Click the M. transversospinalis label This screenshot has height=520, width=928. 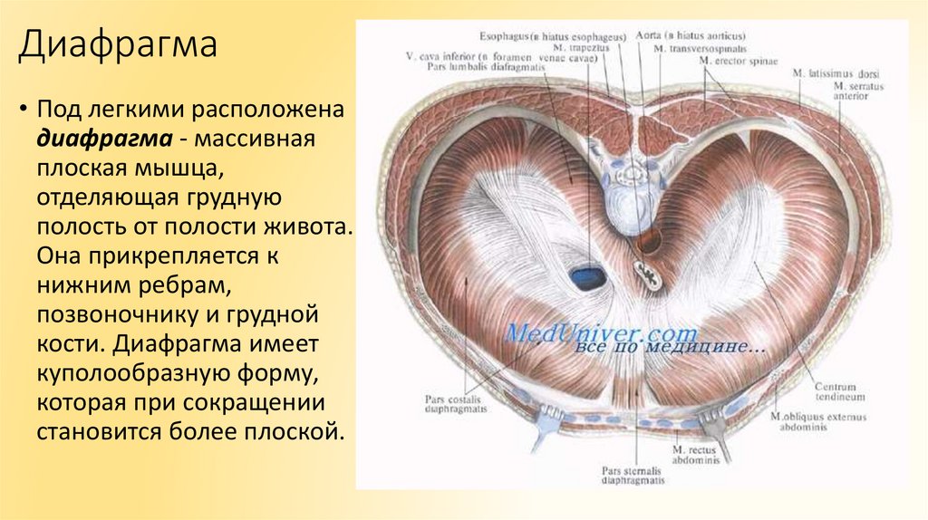[x=700, y=47]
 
